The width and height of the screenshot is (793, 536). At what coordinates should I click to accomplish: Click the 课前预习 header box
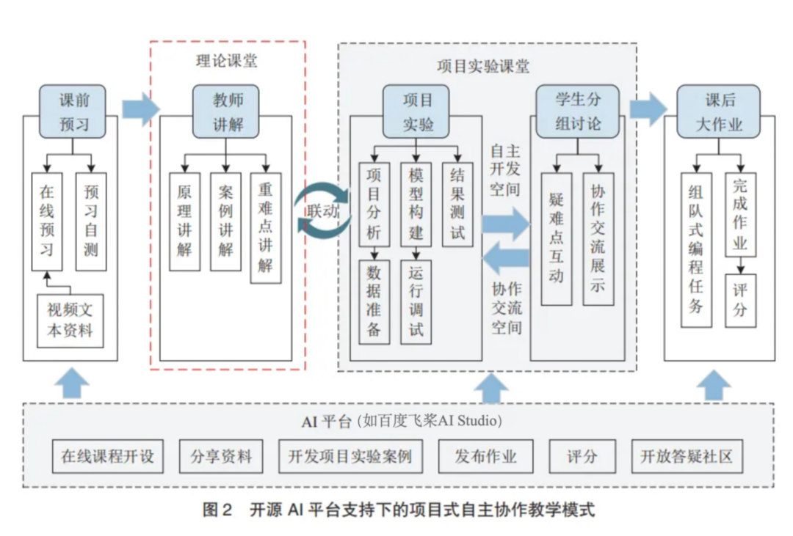coord(73,111)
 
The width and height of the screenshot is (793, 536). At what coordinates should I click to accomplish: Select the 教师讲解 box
coord(226,111)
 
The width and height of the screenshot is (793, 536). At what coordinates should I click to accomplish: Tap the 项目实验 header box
coord(417,111)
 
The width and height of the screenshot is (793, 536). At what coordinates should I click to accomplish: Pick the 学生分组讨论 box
coord(577,111)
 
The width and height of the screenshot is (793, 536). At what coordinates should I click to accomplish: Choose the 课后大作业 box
coord(719,111)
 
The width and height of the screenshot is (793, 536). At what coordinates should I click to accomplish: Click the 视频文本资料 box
coord(70,320)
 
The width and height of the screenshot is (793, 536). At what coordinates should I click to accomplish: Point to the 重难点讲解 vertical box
coord(265,227)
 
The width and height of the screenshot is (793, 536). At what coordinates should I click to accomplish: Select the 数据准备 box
coord(374,301)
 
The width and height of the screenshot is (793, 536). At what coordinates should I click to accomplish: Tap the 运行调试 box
coord(416,301)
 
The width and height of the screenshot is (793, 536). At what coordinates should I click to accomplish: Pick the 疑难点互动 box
coord(556,238)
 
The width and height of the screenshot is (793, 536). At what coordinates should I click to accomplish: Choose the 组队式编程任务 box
coord(695,249)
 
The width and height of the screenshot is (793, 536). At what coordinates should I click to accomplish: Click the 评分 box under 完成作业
coord(740,301)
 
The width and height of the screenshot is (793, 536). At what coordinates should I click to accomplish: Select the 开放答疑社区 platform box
coord(687,457)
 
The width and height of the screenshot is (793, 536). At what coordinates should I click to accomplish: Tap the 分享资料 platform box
coord(221,457)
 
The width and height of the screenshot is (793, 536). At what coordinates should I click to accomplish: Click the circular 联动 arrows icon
coord(323,210)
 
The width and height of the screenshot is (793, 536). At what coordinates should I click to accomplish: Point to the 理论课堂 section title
coord(227,62)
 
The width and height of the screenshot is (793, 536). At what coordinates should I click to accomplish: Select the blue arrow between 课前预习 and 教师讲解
coord(140,109)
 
